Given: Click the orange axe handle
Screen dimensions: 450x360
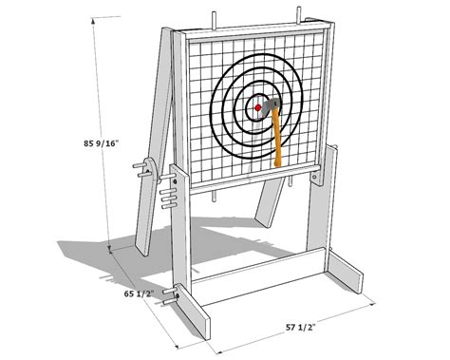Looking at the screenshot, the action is tap(279, 137).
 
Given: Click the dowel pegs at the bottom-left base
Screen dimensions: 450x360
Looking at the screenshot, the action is tap(172, 296).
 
